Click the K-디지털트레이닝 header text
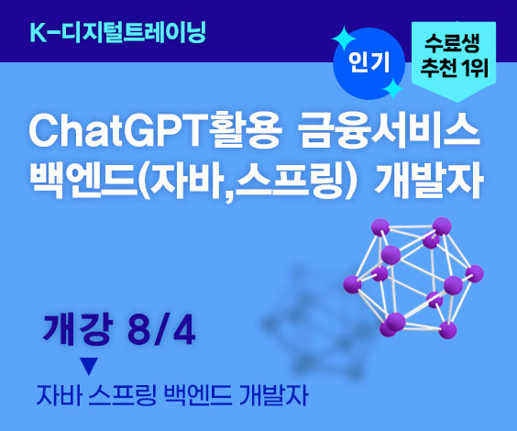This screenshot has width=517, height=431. tap(117, 32)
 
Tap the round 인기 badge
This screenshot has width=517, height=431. tap(368, 63)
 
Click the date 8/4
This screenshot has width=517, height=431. tap(161, 330)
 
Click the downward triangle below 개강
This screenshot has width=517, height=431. tap(89, 366)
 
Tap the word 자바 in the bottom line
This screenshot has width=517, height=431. tap(59, 395)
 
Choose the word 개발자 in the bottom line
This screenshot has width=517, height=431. tap(274, 395)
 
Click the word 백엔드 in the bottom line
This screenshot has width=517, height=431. tap(198, 395)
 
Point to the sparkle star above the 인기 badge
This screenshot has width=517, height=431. tap(345, 39)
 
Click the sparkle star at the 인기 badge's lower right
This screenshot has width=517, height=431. tap(392, 89)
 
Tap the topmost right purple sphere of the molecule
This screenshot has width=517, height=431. tap(442, 227)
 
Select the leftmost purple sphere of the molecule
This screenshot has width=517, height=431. tap(353, 284)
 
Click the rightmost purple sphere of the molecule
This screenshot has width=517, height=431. tap(475, 273)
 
